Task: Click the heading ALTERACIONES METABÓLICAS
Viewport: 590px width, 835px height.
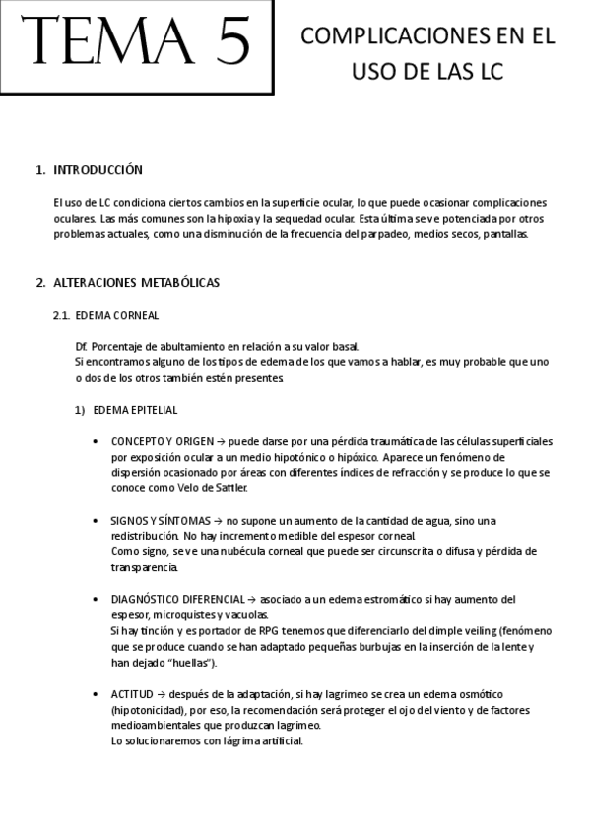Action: coord(136,283)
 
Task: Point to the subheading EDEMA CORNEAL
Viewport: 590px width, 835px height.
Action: coord(116,315)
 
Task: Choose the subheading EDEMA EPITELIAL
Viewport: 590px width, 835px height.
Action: coord(135,410)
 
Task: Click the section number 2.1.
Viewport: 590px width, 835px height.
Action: coord(60,315)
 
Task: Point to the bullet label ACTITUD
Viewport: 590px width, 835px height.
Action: coord(132,694)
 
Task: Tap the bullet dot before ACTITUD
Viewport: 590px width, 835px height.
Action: coord(95,694)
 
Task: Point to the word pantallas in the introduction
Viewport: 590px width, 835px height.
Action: coord(507,234)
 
